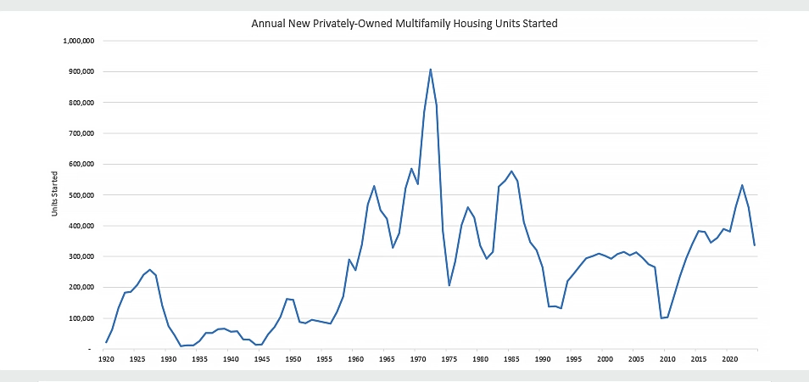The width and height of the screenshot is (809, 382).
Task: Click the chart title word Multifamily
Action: click(450, 24)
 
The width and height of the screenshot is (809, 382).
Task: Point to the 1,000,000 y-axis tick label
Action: click(79, 41)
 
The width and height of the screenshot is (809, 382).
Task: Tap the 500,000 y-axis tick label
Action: click(81, 195)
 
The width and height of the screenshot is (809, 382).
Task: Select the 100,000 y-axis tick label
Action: click(81, 318)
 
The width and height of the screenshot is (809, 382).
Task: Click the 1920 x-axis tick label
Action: click(106, 360)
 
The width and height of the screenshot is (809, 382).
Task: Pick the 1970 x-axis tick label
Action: click(418, 360)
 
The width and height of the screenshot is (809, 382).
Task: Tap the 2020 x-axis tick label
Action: click(729, 360)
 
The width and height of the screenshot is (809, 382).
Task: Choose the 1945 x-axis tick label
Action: click(262, 360)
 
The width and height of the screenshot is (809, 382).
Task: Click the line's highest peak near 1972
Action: click(431, 69)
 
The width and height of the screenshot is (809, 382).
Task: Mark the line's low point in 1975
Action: click(449, 285)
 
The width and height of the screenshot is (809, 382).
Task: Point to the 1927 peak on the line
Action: click(150, 270)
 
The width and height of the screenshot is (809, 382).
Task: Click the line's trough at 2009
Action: click(661, 318)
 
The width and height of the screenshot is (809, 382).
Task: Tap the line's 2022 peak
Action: click(742, 185)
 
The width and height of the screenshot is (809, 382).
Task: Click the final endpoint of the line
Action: click(755, 245)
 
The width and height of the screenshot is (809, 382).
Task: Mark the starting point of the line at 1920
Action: click(106, 343)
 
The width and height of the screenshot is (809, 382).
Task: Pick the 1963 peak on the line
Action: click(374, 186)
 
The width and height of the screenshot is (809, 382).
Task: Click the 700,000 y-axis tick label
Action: click(81, 133)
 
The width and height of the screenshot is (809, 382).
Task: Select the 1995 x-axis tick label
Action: click(574, 360)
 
